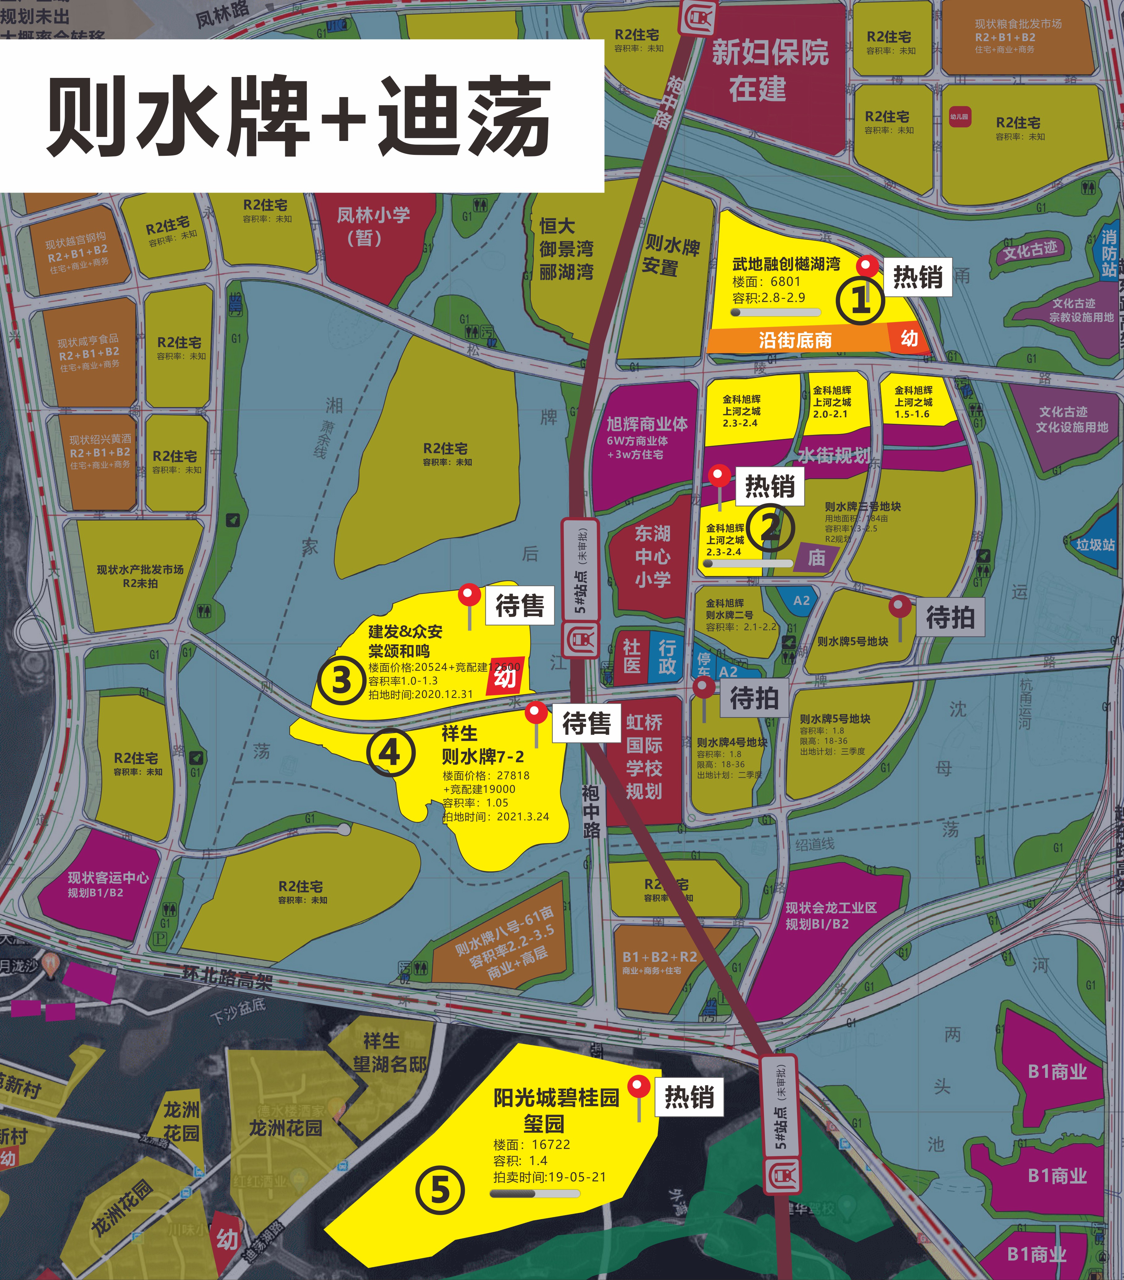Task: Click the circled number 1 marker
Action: coord(860,300)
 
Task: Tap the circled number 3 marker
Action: coord(341,680)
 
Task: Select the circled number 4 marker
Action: coord(390,752)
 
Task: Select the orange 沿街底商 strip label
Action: coord(795,340)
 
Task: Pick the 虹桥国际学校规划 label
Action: coord(644,756)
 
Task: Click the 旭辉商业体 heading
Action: coord(646,424)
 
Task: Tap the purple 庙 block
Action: coord(816,557)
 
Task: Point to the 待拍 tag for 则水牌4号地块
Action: coord(754,698)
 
